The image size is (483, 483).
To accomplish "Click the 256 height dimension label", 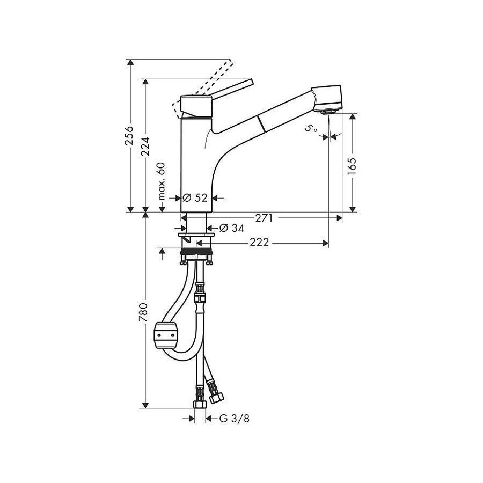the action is pyautogui.click(x=129, y=135).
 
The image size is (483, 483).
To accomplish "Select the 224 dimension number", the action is pyautogui.click(x=145, y=147).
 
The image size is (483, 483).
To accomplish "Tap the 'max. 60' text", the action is pyautogui.click(x=162, y=181).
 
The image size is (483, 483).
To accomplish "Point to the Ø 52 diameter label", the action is pyautogui.click(x=195, y=197).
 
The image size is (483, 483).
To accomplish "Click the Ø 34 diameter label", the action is pyautogui.click(x=232, y=228).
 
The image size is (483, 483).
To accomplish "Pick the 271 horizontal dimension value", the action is pyautogui.click(x=264, y=218).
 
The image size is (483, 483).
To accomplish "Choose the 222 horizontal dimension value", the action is pyautogui.click(x=259, y=243).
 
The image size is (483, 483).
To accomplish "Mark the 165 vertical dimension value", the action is pyautogui.click(x=352, y=166).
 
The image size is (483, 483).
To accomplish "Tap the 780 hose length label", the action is pyautogui.click(x=143, y=313).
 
